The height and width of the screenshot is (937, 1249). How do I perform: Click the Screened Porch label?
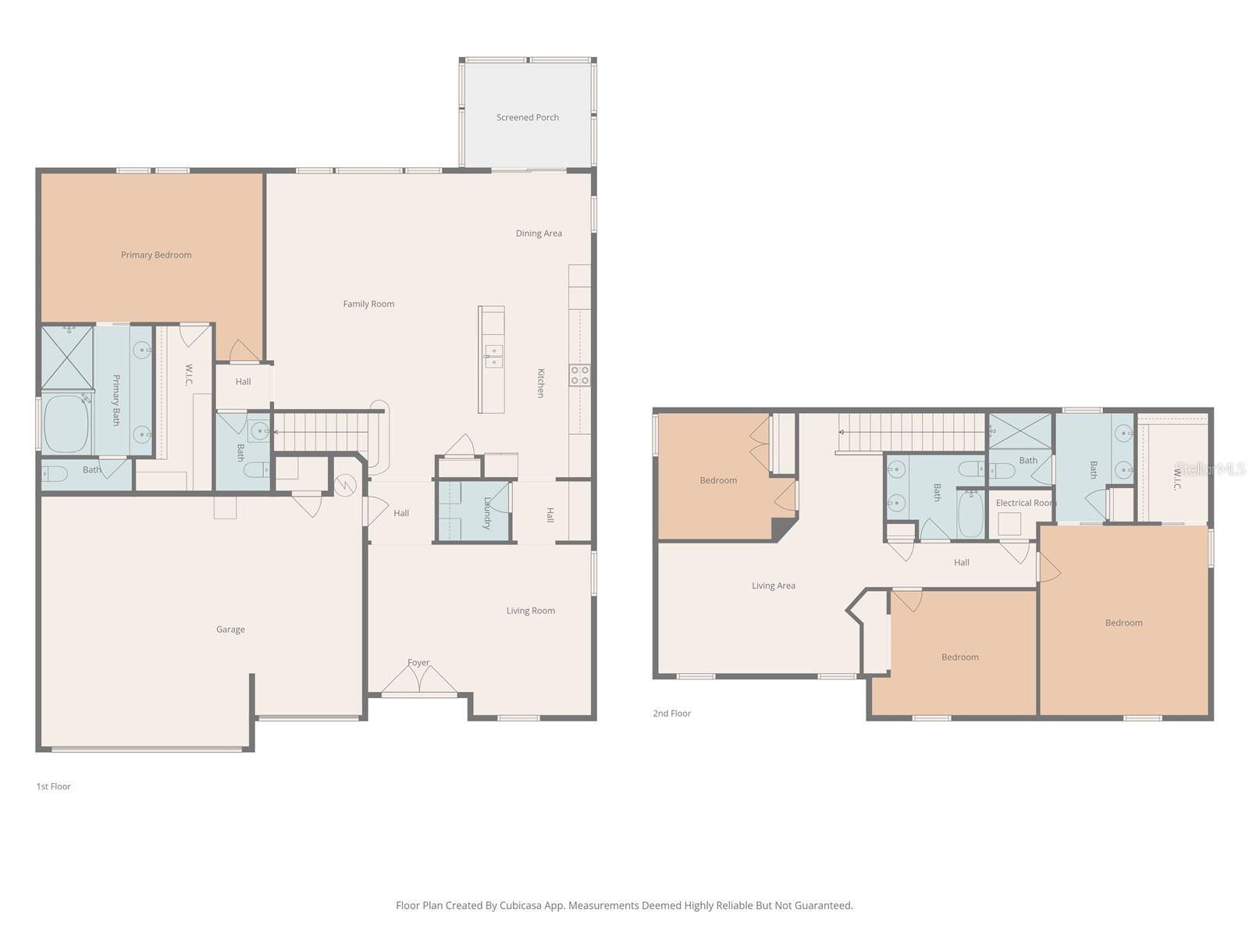coord(528,118)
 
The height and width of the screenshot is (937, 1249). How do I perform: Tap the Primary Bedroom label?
coord(156,255)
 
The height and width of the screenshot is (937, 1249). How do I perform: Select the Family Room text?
coord(368,305)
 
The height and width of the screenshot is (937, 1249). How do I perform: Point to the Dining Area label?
coord(539,233)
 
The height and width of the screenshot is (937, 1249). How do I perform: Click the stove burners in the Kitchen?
coord(579,376)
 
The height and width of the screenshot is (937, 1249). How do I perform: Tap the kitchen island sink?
coord(493,356)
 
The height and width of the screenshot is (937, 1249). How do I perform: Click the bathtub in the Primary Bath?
coord(66,424)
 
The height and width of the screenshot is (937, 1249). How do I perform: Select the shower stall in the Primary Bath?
coord(67,358)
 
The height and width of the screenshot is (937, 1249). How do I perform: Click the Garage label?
coord(230,629)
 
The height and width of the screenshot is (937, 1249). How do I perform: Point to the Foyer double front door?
coord(419,681)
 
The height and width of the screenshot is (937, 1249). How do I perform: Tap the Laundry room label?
coord(487,513)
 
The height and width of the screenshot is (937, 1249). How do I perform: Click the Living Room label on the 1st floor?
coord(531,611)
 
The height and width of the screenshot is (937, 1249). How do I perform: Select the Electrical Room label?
coord(1025,503)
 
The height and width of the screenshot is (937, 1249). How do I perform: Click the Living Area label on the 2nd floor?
coord(774,586)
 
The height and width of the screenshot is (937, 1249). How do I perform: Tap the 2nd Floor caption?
coord(672,713)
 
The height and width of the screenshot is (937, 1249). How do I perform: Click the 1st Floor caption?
coord(54,786)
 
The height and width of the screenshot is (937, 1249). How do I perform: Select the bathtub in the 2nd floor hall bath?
coord(971,513)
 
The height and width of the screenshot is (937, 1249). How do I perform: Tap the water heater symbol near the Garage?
coord(345,486)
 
